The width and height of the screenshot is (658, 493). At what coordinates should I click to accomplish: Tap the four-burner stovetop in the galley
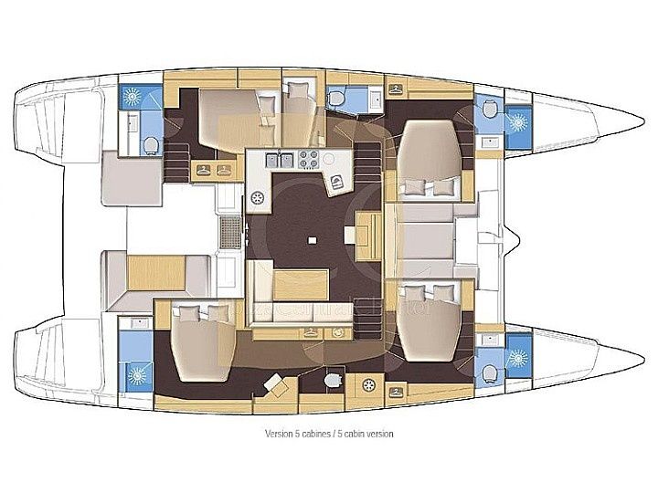pyautogui.click(x=308, y=160)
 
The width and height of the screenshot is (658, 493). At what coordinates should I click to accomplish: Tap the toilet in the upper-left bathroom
pyautogui.click(x=148, y=142)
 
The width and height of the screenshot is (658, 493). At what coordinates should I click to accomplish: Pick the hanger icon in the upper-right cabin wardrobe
pyautogui.click(x=395, y=89)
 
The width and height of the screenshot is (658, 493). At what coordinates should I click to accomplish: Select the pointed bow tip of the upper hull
pyautogui.click(x=640, y=127)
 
